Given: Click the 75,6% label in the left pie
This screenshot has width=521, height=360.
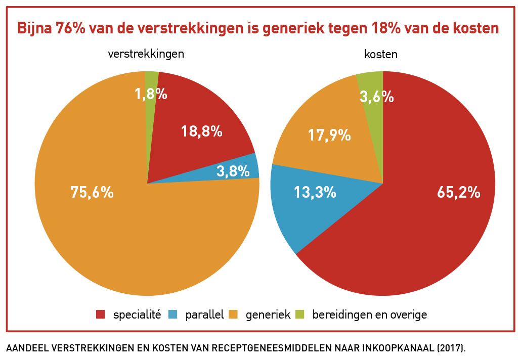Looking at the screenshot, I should pos(92,192).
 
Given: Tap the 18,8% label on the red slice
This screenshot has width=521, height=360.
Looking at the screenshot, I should pos(202,131).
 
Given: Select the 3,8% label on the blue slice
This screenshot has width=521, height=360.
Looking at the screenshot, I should pos(233,171).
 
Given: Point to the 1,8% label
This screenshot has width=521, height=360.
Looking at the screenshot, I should pos(151,94).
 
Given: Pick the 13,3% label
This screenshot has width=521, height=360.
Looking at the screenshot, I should pos(315,192).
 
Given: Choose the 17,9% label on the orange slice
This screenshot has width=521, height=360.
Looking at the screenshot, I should pos(329,135).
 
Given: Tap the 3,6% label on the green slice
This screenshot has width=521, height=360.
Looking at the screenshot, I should pos(377,96).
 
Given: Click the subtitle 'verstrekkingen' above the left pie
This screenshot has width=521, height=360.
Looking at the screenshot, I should pos(146,54).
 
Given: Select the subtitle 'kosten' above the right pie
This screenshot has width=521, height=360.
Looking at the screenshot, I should pos(381,55).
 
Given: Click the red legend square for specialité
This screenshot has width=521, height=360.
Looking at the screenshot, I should pos(101,314).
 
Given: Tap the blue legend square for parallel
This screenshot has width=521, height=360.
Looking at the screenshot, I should pos(173,314).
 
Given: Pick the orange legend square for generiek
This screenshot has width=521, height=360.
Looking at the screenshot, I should pos(233,314).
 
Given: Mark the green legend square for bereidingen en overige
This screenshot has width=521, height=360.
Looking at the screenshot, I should pos(300,314).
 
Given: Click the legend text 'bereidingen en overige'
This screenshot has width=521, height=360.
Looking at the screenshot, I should pos(370,314).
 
